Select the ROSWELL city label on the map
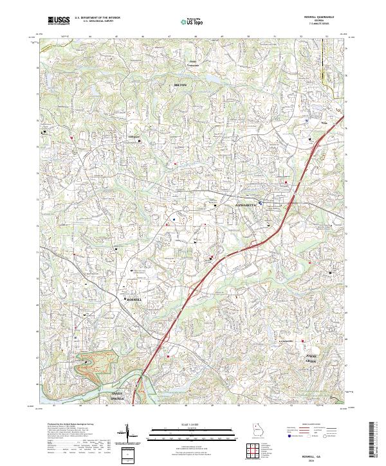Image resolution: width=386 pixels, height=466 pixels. [x=134, y=300]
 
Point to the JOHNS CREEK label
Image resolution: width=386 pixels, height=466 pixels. [x=311, y=359]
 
